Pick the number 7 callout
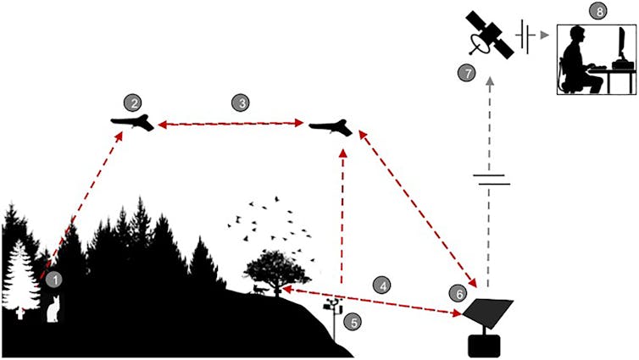(x=465, y=73)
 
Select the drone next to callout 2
(x=134, y=124)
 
